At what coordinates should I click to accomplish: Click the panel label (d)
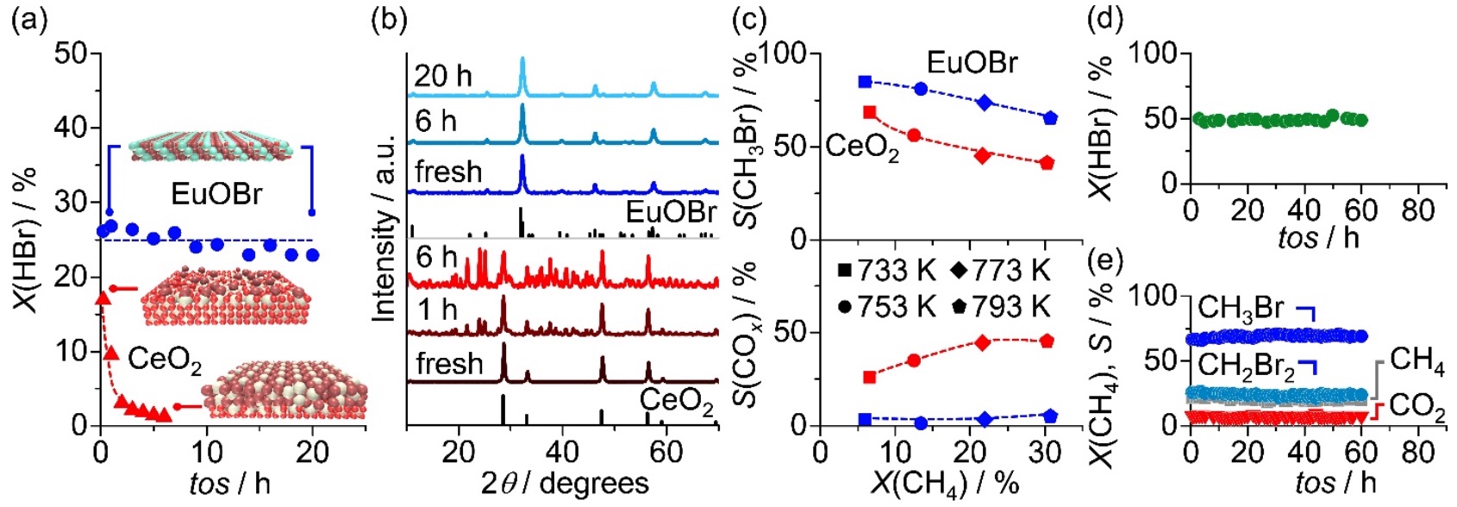point(1106,19)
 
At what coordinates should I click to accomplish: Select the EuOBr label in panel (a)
point(216,193)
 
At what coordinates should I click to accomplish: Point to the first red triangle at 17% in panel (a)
point(102,298)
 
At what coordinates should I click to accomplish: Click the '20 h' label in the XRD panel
point(443,76)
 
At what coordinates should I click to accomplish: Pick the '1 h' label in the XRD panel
point(438,310)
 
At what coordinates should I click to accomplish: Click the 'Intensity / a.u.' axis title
point(385,228)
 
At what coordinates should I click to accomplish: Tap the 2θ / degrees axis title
point(565,483)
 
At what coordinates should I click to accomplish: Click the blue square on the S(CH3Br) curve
point(866,82)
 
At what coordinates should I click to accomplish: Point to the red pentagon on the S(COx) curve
point(1047,341)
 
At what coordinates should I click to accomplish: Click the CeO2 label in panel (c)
point(862,147)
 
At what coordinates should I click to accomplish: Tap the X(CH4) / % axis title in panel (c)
point(945,483)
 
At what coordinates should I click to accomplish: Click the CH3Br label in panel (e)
point(1241,308)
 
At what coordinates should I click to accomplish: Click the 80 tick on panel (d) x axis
point(1418,210)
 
